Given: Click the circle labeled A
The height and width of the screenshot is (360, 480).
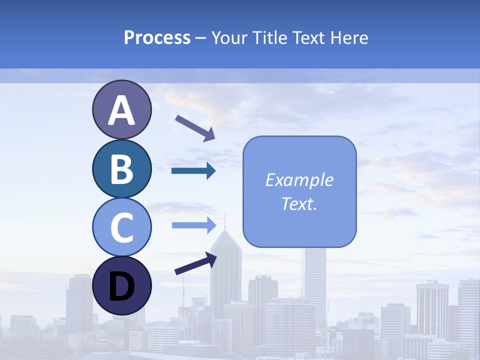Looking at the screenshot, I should (x=121, y=109).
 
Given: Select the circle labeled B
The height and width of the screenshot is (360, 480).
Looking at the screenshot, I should (x=121, y=168).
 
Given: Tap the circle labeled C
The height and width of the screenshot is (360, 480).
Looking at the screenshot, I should (x=121, y=227).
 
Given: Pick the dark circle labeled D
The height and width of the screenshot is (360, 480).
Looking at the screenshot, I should (x=121, y=285).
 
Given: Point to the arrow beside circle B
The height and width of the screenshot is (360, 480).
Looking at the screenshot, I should (x=193, y=171).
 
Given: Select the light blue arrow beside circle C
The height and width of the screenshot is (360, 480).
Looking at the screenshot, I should (x=194, y=225).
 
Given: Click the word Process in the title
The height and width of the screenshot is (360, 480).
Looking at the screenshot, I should (x=157, y=38).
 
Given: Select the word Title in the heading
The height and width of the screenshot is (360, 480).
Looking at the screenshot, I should (x=268, y=38).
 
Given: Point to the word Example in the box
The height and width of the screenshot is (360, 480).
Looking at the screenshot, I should (x=299, y=180).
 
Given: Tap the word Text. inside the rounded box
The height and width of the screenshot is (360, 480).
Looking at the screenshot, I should (x=299, y=204).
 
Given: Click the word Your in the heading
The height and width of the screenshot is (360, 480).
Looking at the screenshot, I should (x=230, y=38).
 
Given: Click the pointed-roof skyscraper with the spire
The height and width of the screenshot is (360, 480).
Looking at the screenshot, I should (x=225, y=270).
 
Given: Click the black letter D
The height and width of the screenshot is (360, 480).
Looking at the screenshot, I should (x=121, y=286).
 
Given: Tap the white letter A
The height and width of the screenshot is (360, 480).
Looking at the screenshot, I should (x=121, y=110).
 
